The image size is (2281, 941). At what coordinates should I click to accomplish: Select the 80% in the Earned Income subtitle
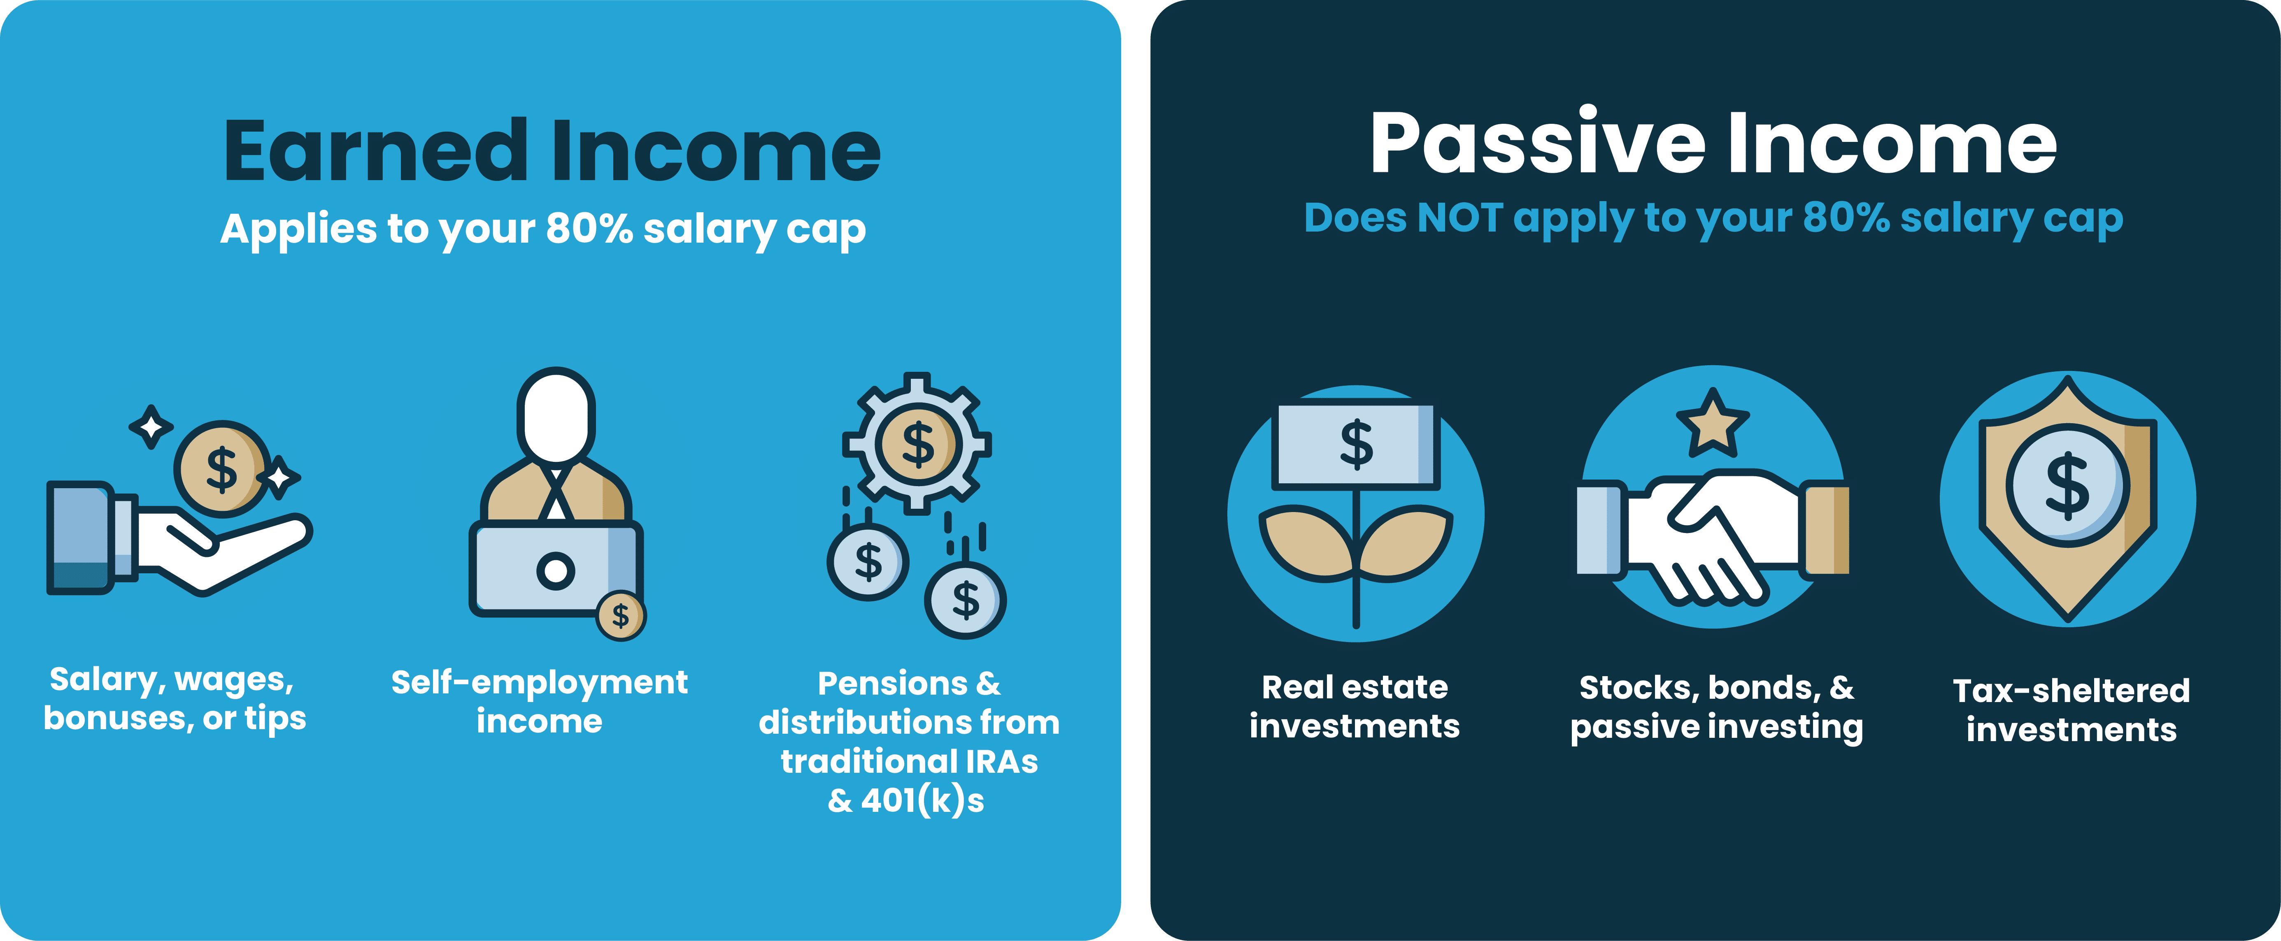click(589, 228)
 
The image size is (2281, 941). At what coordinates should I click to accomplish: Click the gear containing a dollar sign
click(917, 443)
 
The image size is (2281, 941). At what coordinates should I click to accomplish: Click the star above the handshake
click(1713, 423)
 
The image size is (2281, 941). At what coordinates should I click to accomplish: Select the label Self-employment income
click(539, 701)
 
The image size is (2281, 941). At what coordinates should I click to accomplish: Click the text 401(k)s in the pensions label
click(923, 800)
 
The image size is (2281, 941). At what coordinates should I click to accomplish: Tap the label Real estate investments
click(1355, 707)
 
